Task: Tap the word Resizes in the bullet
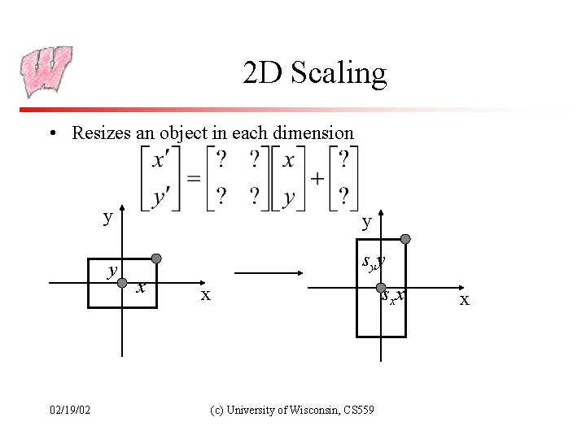102,133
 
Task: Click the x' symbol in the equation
161,160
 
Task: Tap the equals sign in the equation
193,179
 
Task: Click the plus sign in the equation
317,179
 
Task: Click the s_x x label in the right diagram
394,297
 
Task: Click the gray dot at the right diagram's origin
381,287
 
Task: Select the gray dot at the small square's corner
157,259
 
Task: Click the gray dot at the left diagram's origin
121,283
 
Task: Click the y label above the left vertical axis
107,217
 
